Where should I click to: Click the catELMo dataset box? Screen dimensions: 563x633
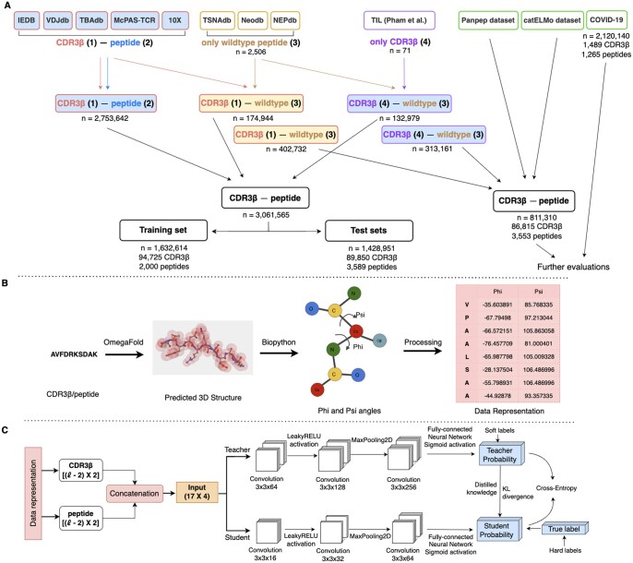[554, 18]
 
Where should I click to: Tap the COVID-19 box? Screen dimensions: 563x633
[608, 18]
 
